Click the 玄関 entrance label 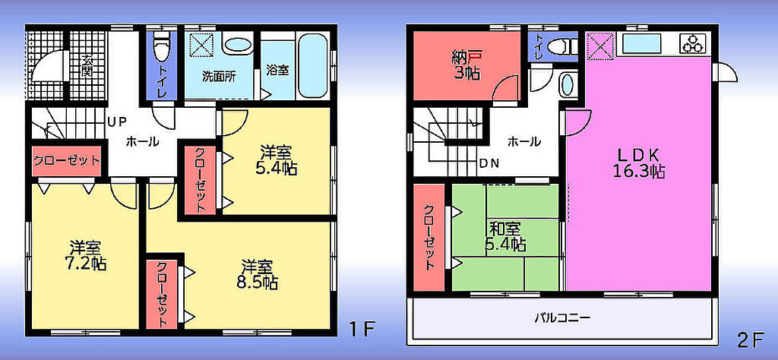[88, 65]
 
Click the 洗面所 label [219, 77]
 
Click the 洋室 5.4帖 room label [277, 161]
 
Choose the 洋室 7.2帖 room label [85, 255]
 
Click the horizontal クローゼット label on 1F [67, 161]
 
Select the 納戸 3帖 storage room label [466, 65]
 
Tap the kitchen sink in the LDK [641, 43]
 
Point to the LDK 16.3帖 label [640, 163]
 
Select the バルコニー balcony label [563, 317]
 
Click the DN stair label [489, 163]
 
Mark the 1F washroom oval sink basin [238, 45]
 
